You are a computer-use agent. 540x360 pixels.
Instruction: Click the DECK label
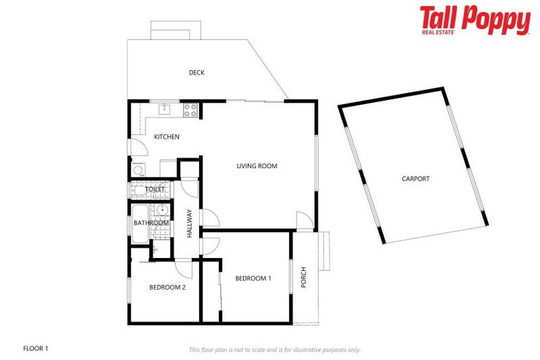click(x=196, y=72)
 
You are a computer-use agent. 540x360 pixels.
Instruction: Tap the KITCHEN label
click(x=167, y=136)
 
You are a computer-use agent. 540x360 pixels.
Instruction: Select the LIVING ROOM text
click(x=257, y=166)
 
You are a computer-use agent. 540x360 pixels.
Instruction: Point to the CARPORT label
click(x=416, y=179)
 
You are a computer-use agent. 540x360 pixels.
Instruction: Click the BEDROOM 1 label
click(x=253, y=278)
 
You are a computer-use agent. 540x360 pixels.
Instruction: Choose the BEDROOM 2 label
click(x=167, y=287)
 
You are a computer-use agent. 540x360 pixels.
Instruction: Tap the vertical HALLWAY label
click(x=189, y=224)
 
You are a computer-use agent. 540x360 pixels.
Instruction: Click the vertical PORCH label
click(x=304, y=277)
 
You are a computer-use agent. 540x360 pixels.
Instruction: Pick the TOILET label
click(x=155, y=189)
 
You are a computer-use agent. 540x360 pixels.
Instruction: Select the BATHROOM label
click(x=151, y=224)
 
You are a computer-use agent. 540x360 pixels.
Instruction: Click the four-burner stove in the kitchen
click(x=191, y=110)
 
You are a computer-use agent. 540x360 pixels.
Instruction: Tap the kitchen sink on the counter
click(x=165, y=109)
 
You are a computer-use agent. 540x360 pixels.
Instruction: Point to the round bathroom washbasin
click(x=162, y=210)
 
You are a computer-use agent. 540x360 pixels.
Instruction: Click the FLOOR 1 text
click(x=36, y=348)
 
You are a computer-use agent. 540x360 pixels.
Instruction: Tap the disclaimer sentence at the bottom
click(x=274, y=349)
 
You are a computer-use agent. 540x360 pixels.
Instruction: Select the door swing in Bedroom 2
click(x=184, y=268)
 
